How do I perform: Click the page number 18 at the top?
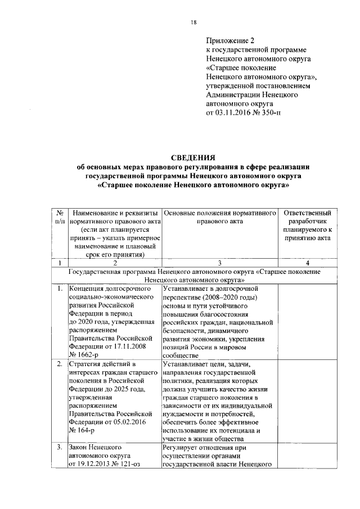pos(193,22)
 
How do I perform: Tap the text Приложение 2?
pos(231,41)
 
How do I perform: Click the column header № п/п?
pos(59,218)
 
